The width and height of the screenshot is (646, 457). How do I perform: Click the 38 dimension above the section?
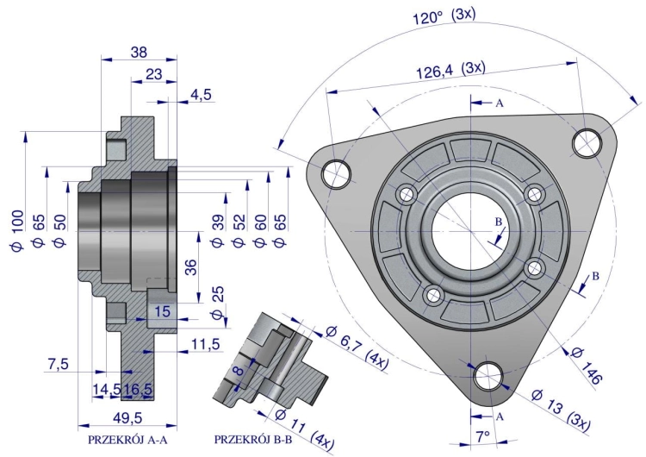pos(138,52)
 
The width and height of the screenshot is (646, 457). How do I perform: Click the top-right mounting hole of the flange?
pos(587,141)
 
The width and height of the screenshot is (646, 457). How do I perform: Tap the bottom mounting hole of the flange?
pos(489,375)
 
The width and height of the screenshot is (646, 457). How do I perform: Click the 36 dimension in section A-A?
pos(192,267)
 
